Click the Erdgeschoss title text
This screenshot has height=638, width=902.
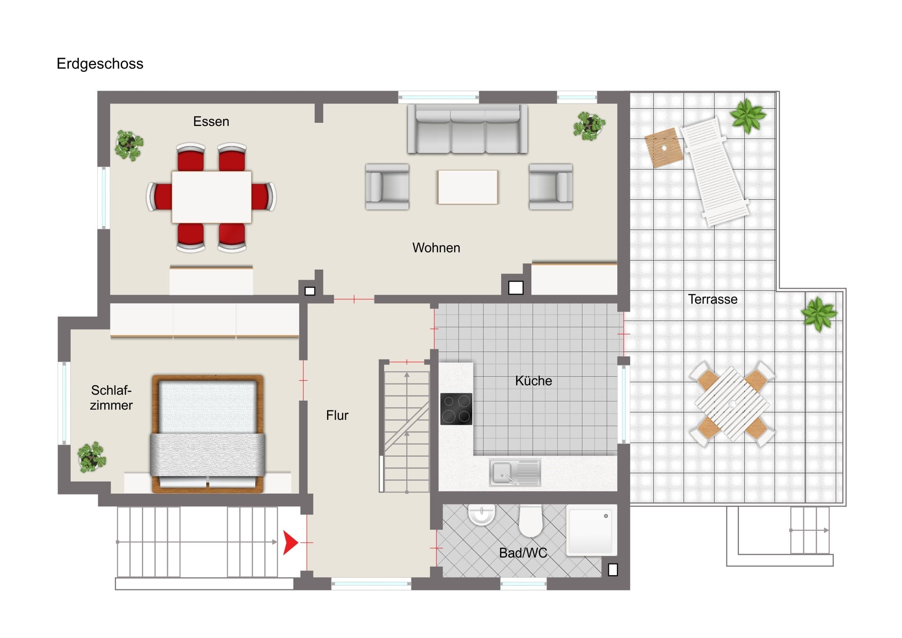point(100,64)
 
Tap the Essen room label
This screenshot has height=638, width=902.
point(211,122)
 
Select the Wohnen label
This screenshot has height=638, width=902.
point(436,248)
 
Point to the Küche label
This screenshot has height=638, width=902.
point(533,381)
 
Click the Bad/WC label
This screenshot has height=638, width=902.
point(523,553)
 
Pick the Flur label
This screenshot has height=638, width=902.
point(337,415)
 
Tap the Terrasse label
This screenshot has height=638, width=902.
point(713,299)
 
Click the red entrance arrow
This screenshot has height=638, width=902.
point(290,543)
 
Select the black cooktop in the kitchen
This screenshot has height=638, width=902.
point(456,409)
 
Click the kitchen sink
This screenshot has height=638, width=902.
point(515,472)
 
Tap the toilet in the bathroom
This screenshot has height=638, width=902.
point(530,521)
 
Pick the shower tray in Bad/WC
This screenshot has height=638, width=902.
point(589,529)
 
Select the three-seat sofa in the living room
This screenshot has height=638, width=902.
point(467,129)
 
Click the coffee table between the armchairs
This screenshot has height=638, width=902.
point(467,187)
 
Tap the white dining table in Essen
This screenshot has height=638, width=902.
point(211,197)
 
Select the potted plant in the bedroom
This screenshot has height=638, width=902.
point(91,457)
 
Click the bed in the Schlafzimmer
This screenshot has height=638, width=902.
point(207,434)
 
